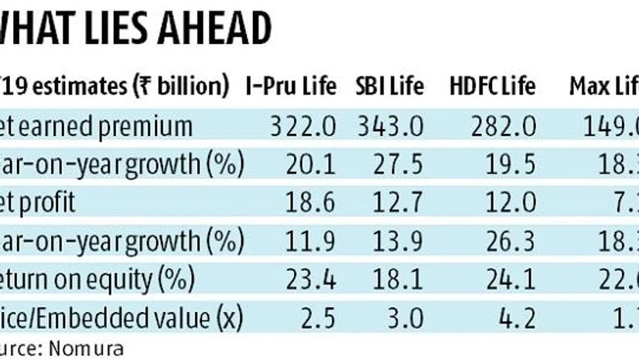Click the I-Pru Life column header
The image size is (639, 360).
(290, 86)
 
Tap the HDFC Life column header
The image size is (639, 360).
(492, 86)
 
